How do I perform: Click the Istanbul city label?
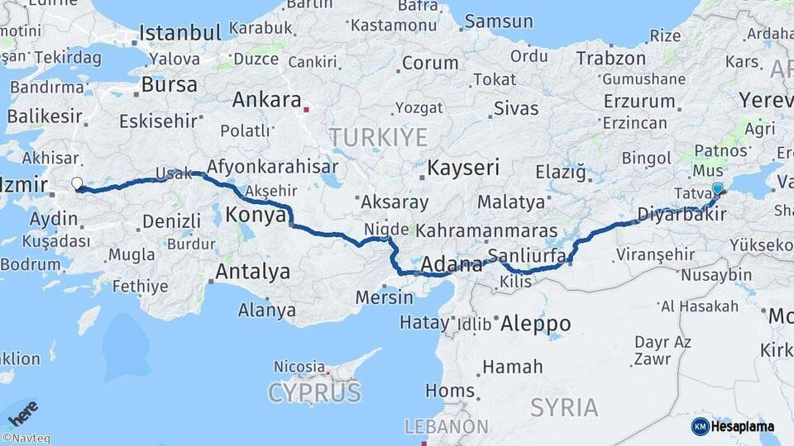pyautogui.click(x=179, y=33)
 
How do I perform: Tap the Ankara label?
pyautogui.click(x=266, y=100)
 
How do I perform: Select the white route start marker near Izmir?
pyautogui.click(x=77, y=183)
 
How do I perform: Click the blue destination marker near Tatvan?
pyautogui.click(x=717, y=189)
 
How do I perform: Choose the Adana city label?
pyautogui.click(x=452, y=265)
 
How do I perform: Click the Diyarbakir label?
pyautogui.click(x=682, y=214)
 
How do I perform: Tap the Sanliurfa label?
pyautogui.click(x=526, y=254)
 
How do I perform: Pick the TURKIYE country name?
pyautogui.click(x=378, y=137)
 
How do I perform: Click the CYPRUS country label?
pyautogui.click(x=314, y=392)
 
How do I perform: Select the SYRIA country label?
pyautogui.click(x=564, y=407)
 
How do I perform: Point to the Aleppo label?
pyautogui.click(x=535, y=324)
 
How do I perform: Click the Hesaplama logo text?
pyautogui.click(x=743, y=426)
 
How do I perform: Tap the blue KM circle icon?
pyautogui.click(x=700, y=426)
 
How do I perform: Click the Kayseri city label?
pyautogui.click(x=463, y=168)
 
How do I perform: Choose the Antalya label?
pyautogui.click(x=252, y=271)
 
